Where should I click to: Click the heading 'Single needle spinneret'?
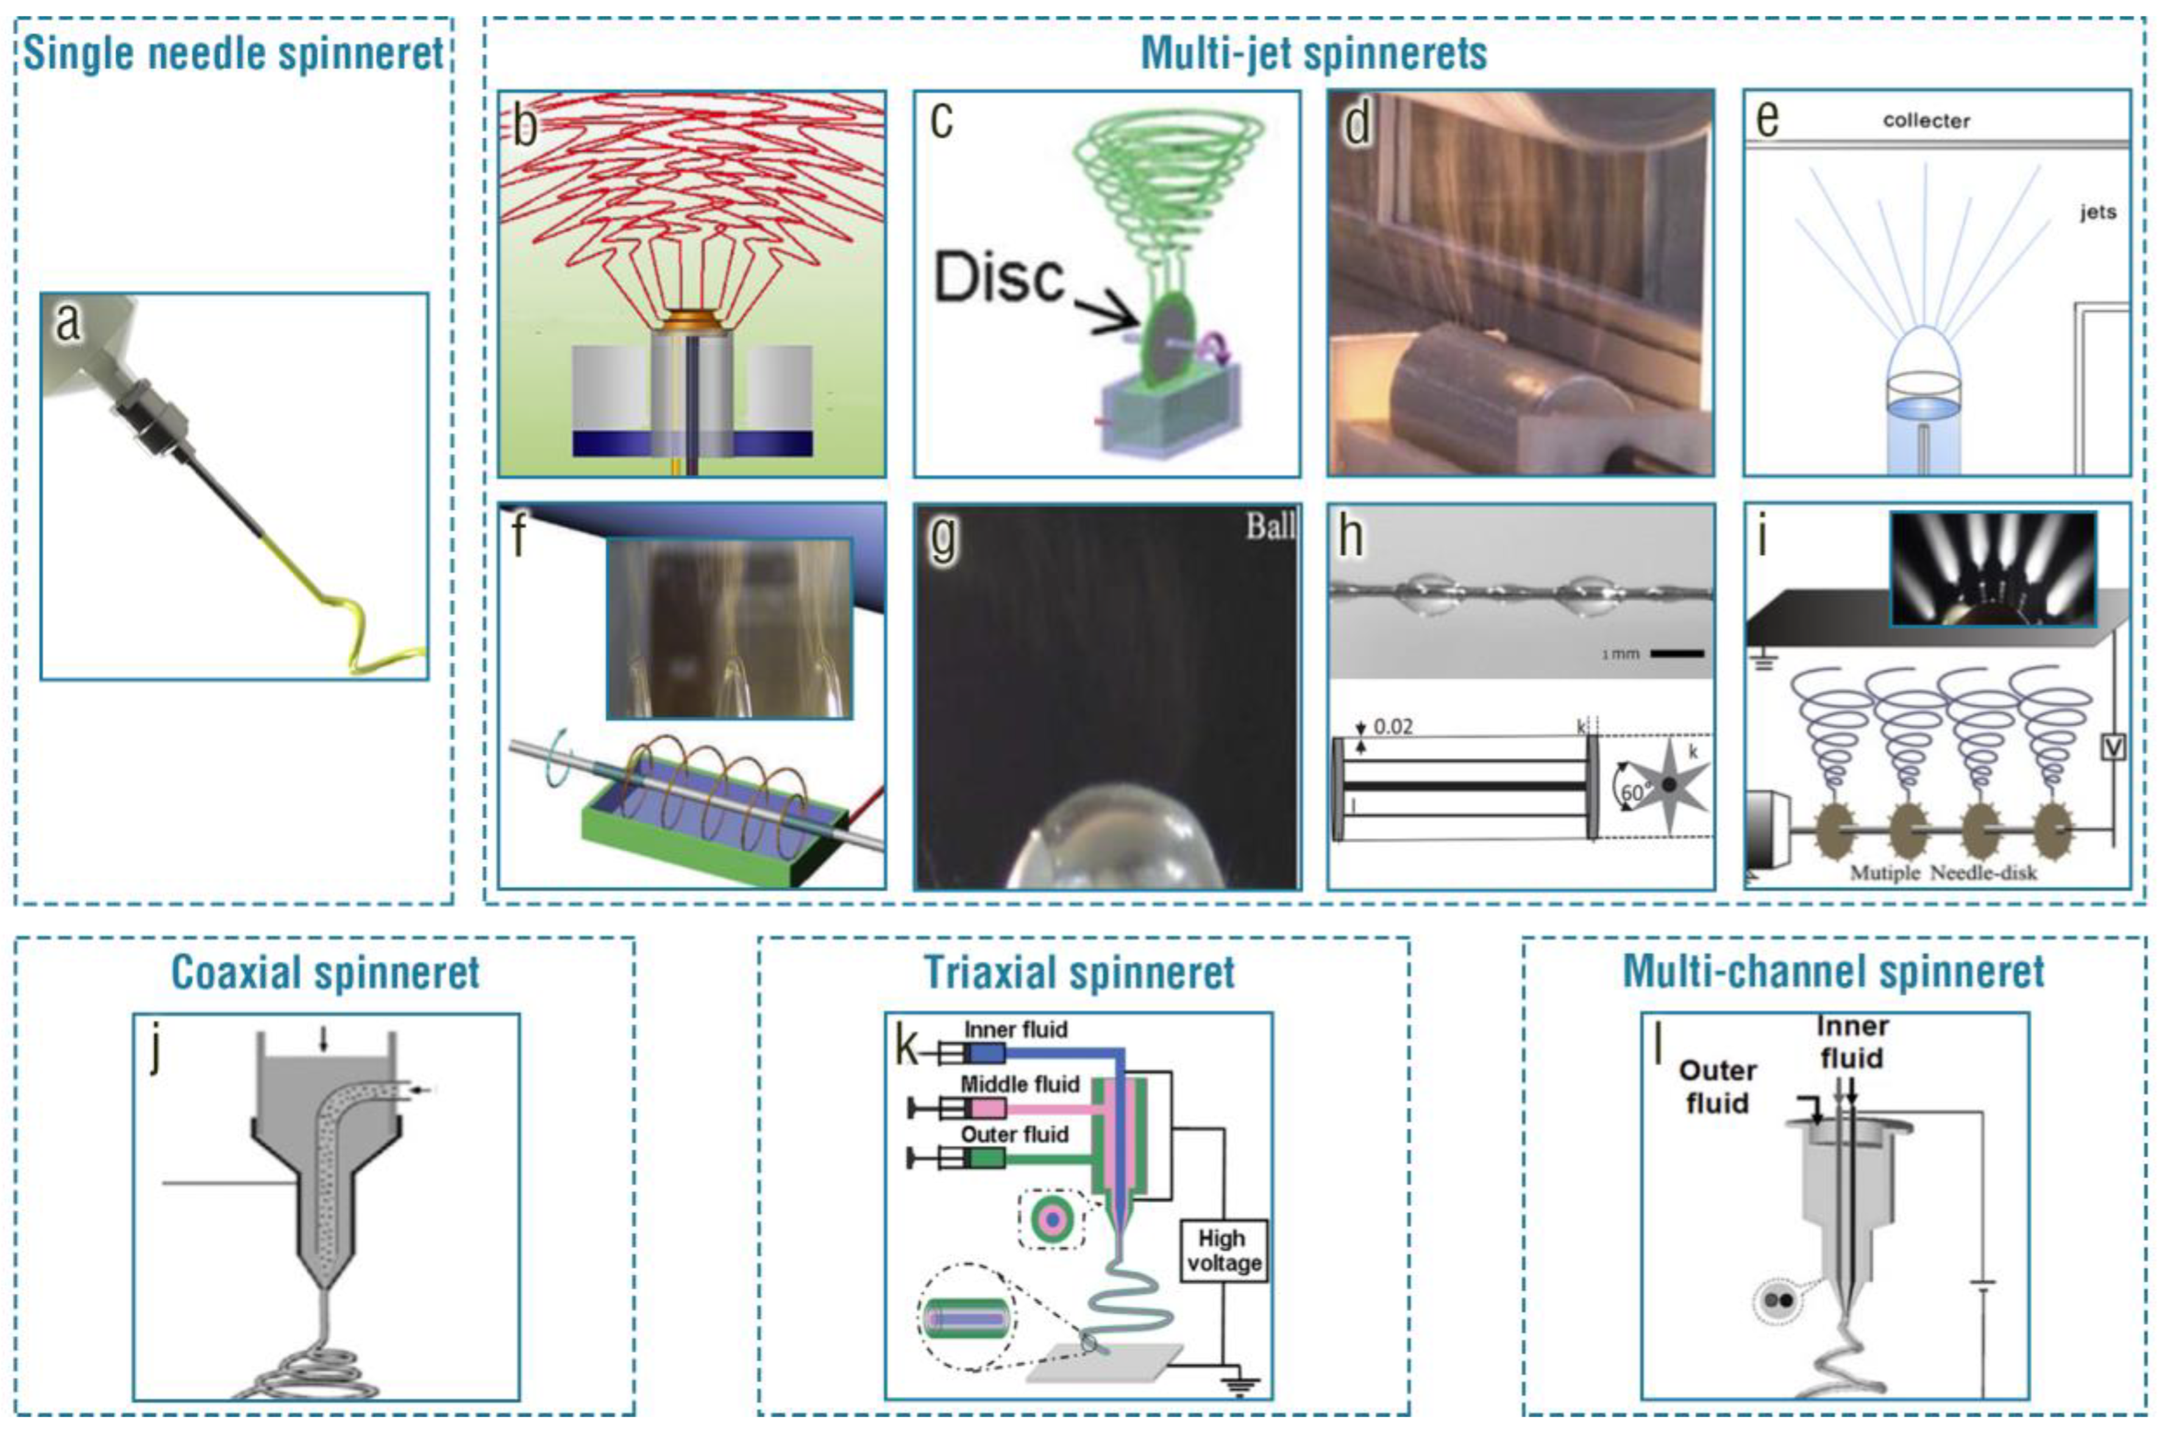234,53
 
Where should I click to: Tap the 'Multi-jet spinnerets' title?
1314,53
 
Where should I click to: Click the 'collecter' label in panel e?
1926,121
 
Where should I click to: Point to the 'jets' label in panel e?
2098,212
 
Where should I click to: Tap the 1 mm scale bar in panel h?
1677,654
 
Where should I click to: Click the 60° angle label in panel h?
1632,793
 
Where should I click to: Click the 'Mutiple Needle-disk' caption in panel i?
1943,872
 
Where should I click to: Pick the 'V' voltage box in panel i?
2113,747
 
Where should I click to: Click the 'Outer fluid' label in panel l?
1717,1086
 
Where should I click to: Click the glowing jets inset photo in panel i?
1993,568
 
